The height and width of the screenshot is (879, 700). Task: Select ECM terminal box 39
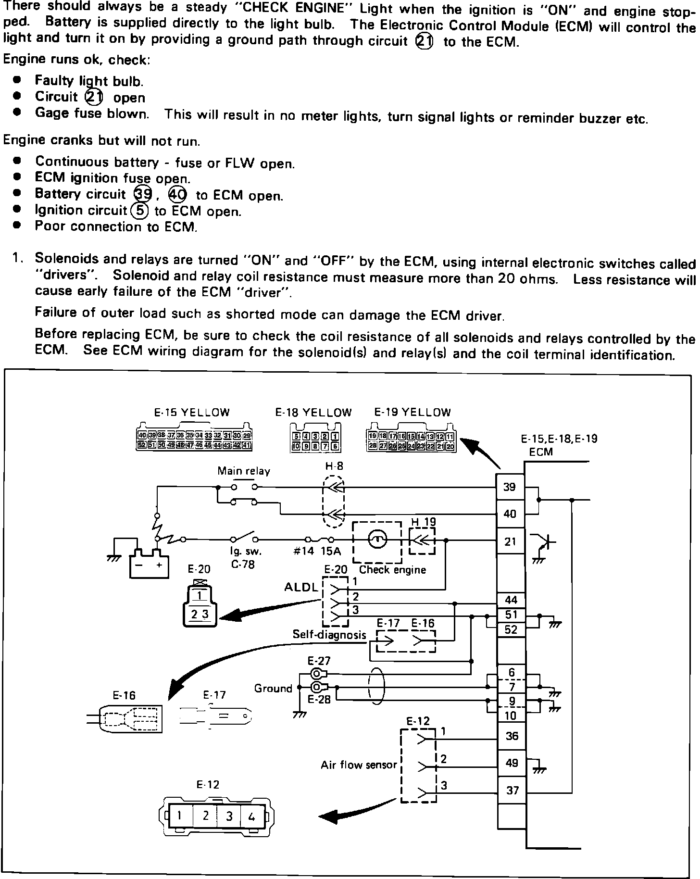point(510,487)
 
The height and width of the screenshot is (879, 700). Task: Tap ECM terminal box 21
point(510,541)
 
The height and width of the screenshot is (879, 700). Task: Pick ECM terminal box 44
point(511,600)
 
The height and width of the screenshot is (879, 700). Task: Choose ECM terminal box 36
point(512,736)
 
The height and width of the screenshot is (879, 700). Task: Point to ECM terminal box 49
point(512,763)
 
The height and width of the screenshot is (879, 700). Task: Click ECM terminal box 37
point(512,790)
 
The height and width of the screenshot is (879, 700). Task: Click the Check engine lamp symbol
point(377,540)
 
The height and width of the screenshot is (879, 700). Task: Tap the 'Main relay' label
point(244,471)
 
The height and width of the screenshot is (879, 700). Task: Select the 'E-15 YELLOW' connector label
point(192,412)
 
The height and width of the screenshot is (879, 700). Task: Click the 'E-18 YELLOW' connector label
point(313,413)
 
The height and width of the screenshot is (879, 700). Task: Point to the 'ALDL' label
point(301,587)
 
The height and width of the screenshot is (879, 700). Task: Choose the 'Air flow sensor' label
point(359,765)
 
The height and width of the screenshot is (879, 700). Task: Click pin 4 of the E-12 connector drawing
point(251,816)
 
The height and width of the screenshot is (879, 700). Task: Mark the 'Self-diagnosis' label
point(329,635)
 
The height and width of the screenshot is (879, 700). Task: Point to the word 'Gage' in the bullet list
point(51,113)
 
